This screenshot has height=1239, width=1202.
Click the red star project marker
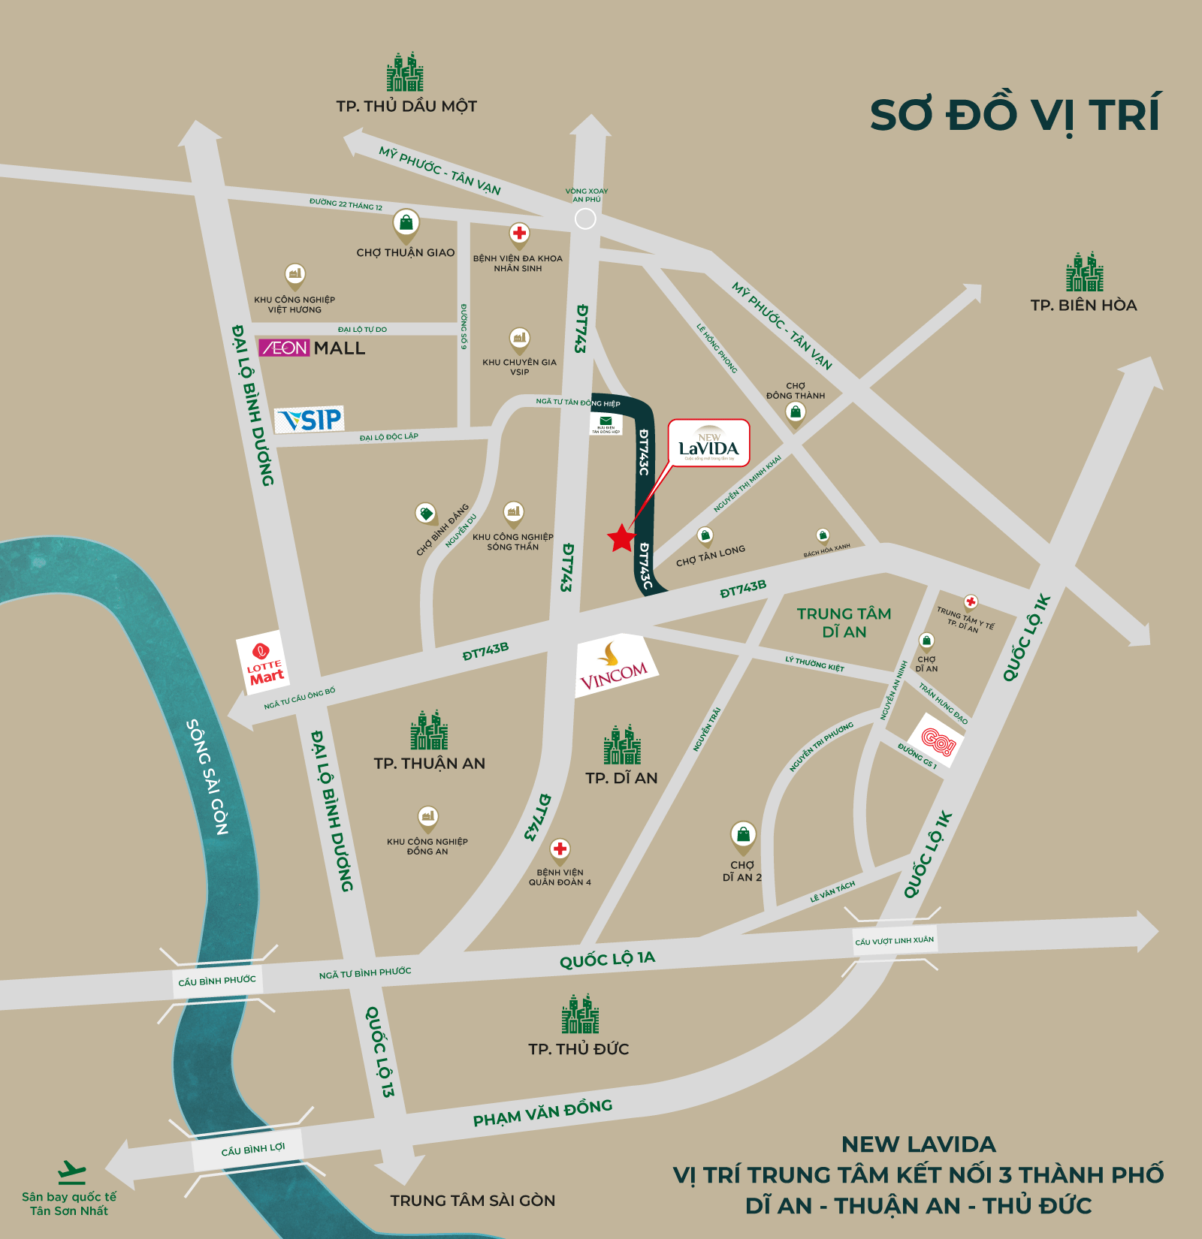tap(621, 538)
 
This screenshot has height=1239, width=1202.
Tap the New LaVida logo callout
tap(709, 443)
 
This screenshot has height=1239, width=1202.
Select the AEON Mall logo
tap(312, 348)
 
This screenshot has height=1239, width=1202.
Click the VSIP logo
tap(310, 420)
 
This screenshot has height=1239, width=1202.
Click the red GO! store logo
tap(937, 740)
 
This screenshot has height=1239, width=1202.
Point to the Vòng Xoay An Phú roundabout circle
tap(585, 219)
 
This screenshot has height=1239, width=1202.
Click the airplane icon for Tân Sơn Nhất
tap(72, 1172)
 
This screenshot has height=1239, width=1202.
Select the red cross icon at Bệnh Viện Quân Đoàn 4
tap(560, 849)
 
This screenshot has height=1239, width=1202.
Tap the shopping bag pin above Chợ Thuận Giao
tap(406, 223)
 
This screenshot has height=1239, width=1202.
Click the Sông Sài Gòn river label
tap(207, 776)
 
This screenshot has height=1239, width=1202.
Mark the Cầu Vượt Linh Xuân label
tap(894, 940)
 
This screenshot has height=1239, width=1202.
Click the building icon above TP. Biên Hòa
tap(1084, 272)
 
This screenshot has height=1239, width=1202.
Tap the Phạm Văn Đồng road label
tap(542, 1113)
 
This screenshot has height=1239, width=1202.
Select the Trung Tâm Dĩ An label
tap(844, 623)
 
